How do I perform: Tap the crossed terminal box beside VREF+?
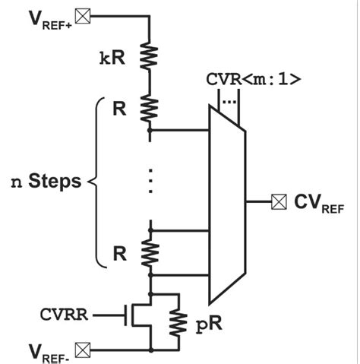83,14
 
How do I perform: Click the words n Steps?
47,182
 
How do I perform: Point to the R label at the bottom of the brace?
119,252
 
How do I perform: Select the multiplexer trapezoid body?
226,204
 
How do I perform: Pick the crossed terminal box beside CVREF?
279,201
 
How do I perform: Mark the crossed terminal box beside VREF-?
83,350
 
